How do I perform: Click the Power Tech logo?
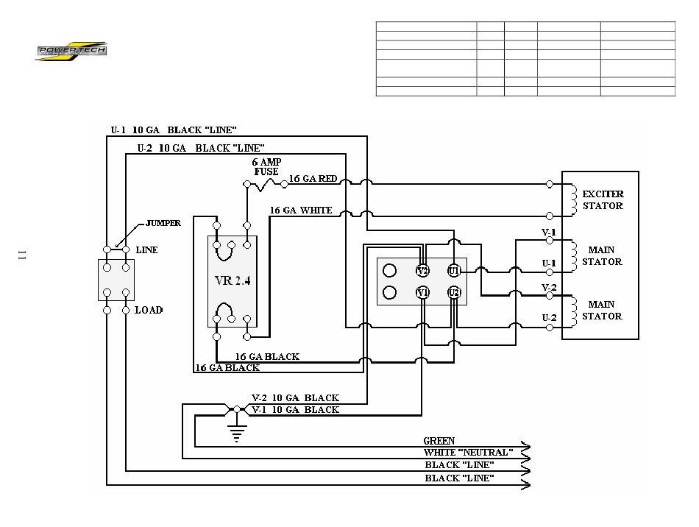tap(71, 52)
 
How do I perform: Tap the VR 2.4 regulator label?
tap(233, 281)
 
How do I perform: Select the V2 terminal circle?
tap(422, 271)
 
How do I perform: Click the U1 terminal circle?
tap(454, 271)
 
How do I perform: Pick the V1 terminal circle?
tap(422, 292)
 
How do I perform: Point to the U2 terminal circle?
tap(454, 292)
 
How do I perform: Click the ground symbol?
tap(237, 431)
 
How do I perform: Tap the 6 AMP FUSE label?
tap(266, 167)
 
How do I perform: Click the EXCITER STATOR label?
tap(603, 199)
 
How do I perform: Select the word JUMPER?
tap(163, 223)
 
